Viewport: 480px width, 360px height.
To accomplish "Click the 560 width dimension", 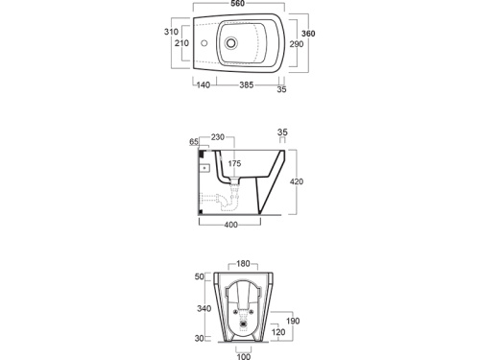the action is coord(238,4).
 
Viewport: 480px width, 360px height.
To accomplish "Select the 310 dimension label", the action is coord(171,32).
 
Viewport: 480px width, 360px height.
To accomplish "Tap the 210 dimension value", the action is coord(181,43).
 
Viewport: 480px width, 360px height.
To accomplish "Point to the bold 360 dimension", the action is coord(308,34).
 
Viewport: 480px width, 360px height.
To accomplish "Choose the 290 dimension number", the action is coord(297,44).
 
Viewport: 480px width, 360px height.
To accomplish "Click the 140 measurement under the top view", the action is coord(204,84).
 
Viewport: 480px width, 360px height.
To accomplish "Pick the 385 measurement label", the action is coord(247,84).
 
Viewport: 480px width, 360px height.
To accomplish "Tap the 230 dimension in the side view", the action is coord(218,137).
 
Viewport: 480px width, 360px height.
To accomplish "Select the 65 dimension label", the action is coord(194,142).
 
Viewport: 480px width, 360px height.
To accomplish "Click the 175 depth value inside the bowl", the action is coord(234,163).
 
